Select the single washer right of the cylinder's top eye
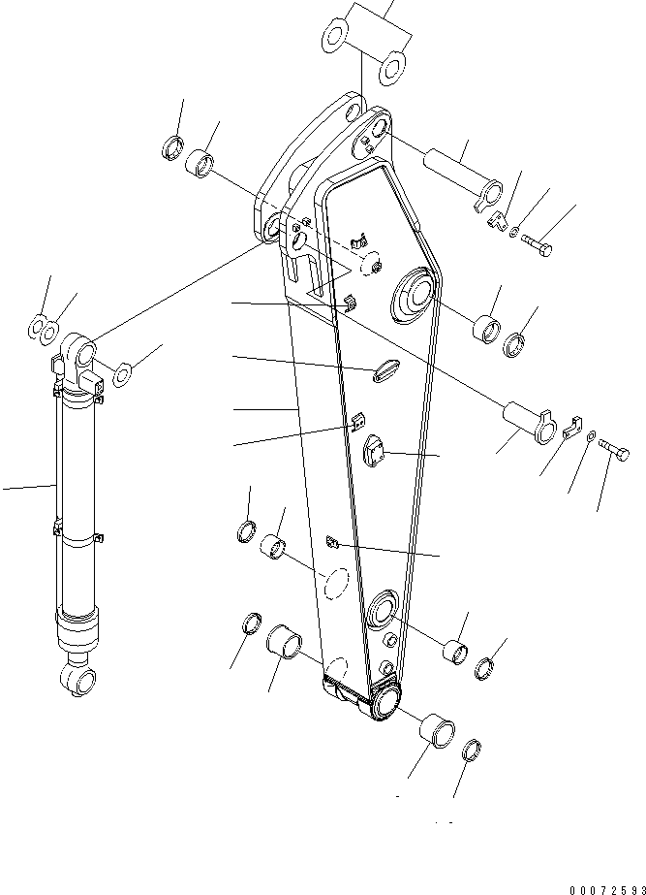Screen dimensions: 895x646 coord(125,372)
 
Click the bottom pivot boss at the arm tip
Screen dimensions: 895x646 coord(385,700)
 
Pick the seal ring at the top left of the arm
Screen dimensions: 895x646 coord(173,148)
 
